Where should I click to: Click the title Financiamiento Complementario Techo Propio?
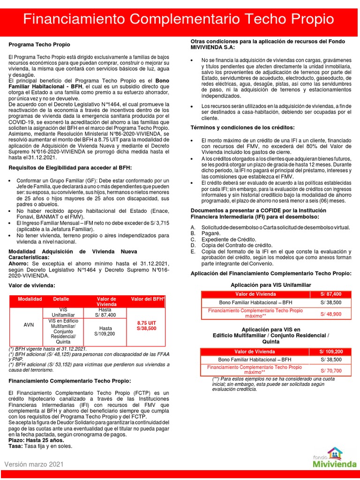180,20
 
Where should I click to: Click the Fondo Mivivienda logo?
328,458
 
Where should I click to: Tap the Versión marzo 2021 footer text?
33,464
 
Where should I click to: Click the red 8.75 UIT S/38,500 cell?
146,326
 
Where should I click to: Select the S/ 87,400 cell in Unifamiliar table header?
331,294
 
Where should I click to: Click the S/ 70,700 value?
331,370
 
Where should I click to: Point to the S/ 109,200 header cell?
331,352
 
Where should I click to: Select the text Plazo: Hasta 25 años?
36,440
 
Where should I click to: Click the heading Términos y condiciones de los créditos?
242,127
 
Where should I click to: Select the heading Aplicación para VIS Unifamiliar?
270,285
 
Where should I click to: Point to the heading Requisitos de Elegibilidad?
70,167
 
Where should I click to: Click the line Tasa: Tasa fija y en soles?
40,446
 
